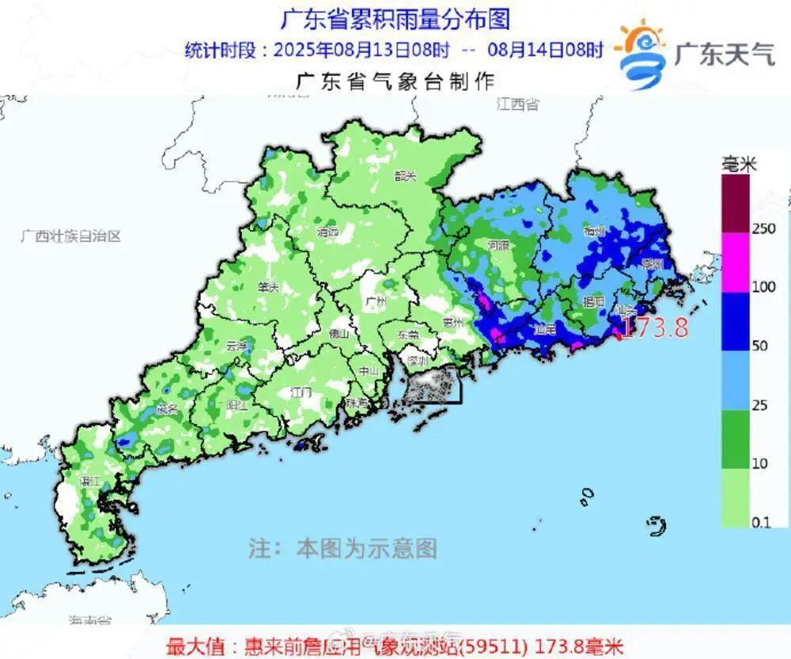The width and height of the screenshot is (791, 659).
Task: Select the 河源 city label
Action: point(499,244)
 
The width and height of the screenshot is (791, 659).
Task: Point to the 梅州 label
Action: point(593,231)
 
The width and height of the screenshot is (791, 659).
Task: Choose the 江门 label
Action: point(301,392)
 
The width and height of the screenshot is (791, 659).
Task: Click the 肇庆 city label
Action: point(268,288)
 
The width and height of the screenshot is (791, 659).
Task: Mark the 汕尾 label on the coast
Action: point(545,328)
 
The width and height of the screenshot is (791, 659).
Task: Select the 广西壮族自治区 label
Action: point(71,236)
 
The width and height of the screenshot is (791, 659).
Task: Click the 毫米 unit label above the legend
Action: point(740,165)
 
